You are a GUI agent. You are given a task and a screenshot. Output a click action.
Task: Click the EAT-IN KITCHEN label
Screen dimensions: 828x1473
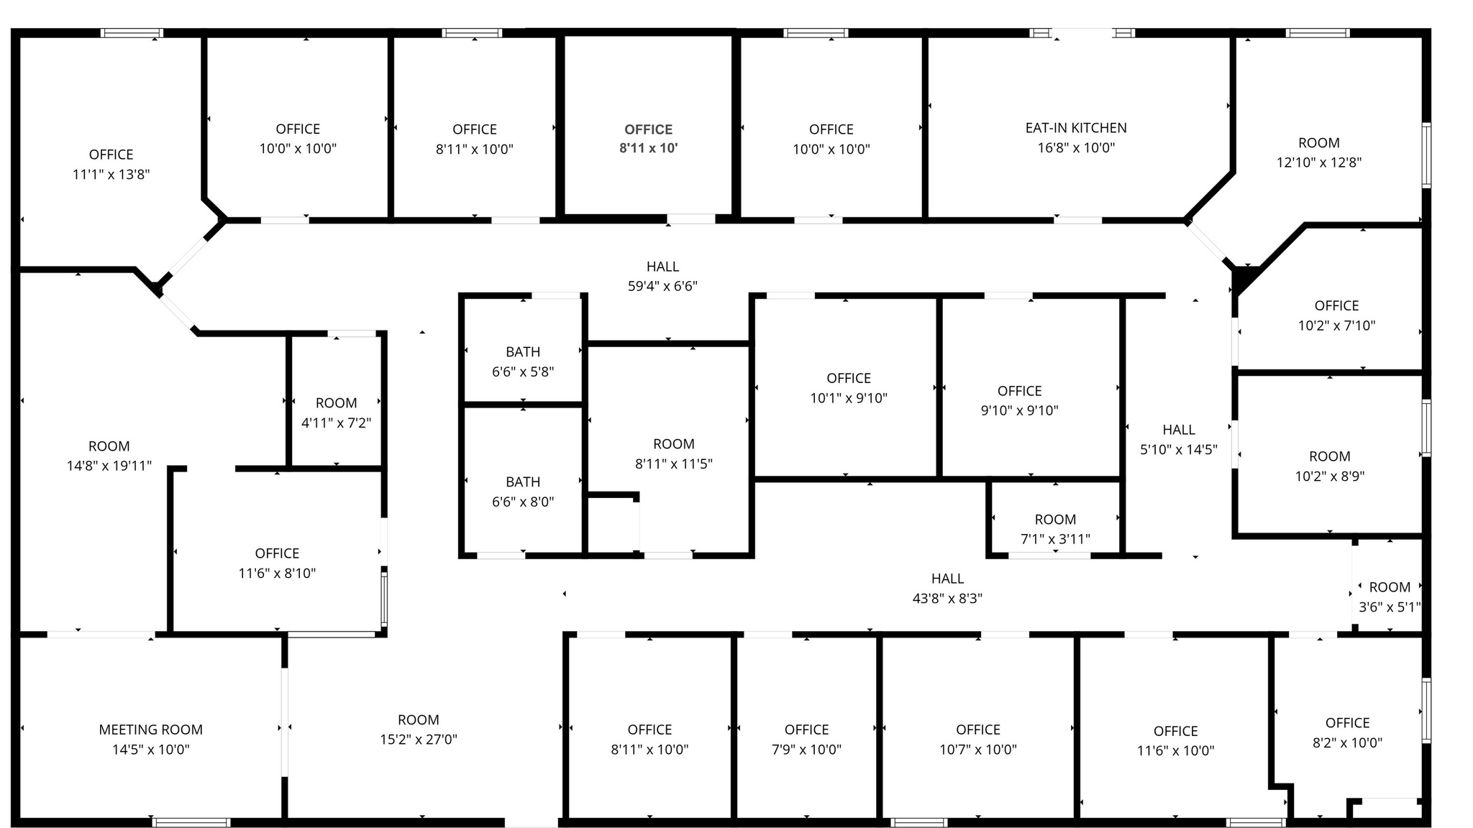tap(1076, 128)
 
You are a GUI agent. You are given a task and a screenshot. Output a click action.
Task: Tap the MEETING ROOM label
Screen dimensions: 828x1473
tap(151, 730)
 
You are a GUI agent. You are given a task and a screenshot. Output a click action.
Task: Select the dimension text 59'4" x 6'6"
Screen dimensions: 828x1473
tap(662, 286)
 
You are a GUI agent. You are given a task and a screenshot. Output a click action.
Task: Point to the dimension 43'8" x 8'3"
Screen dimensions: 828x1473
tap(947, 598)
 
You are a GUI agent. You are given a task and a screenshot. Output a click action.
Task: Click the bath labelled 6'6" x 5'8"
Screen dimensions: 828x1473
tap(523, 362)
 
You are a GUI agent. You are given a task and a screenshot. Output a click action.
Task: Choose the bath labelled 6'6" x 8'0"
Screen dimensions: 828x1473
tap(523, 492)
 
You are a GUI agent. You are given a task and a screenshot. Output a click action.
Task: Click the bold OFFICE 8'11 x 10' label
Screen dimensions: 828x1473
tap(648, 139)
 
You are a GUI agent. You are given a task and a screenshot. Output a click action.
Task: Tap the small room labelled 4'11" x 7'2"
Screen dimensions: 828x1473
tap(336, 413)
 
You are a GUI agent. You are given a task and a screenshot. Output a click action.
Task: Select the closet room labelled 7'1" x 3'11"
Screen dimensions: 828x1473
tap(1055, 529)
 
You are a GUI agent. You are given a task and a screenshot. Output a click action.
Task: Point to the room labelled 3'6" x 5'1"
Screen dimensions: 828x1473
tap(1390, 597)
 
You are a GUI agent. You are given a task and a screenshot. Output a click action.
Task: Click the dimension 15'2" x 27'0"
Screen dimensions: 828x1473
tap(419, 739)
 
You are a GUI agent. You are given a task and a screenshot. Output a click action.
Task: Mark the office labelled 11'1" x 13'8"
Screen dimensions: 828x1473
tap(111, 164)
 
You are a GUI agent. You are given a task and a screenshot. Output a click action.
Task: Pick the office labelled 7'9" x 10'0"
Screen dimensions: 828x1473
tap(806, 740)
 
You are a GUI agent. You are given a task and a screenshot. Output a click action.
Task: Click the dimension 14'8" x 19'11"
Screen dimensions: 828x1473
tap(109, 466)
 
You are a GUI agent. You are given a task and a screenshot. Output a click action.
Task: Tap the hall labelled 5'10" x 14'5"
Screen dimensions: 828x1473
tap(1179, 439)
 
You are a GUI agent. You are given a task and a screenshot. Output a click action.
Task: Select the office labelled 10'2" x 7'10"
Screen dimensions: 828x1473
tap(1336, 315)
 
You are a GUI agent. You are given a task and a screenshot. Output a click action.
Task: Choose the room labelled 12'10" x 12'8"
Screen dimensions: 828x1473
tap(1319, 152)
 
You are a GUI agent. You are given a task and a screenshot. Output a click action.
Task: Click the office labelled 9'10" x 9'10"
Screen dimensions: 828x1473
tap(1019, 400)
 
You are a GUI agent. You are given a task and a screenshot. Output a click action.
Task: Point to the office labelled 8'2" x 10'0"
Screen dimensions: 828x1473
tap(1347, 732)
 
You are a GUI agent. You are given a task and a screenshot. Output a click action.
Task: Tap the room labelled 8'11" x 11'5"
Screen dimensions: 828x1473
tap(673, 454)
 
